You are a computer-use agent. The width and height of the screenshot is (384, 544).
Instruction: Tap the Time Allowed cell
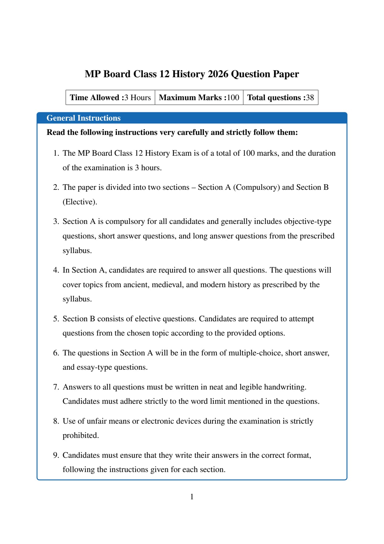point(110,97)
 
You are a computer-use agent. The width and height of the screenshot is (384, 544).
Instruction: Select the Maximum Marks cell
point(199,97)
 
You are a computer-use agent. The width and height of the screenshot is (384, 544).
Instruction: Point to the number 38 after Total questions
point(310,97)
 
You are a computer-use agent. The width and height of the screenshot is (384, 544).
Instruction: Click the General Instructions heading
point(83,118)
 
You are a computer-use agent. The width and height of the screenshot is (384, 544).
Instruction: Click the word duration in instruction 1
point(321,153)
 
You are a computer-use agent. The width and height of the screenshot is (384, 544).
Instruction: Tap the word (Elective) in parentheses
point(79,202)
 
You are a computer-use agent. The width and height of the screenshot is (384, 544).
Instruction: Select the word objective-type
point(307,221)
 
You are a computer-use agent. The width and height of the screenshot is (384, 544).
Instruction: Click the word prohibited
point(80,435)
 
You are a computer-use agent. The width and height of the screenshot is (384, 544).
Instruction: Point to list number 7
point(56,387)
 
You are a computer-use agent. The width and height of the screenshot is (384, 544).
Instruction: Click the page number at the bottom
point(192,497)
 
